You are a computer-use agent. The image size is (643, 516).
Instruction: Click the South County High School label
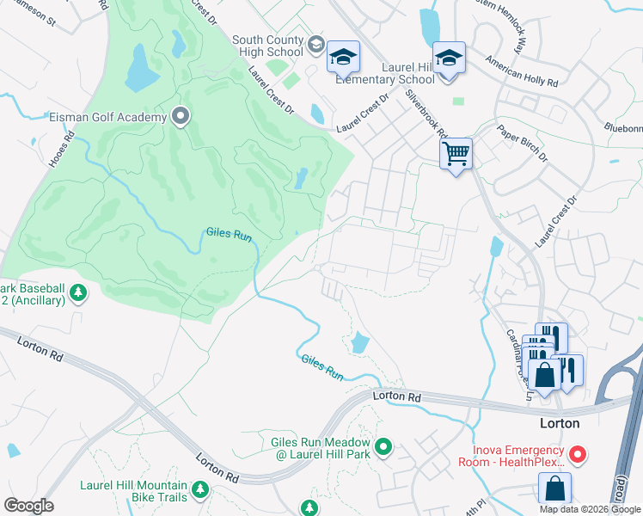tap(267, 46)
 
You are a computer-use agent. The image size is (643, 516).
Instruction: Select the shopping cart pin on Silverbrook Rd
tap(456, 155)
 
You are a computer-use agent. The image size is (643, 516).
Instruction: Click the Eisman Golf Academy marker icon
tap(181, 115)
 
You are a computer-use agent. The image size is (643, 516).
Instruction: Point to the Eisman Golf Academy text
tap(108, 116)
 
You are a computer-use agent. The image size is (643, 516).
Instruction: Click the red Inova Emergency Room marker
tap(579, 453)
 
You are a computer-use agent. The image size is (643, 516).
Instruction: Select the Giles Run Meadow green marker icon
tap(384, 447)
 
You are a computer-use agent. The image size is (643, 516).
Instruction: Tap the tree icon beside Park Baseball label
tap(78, 294)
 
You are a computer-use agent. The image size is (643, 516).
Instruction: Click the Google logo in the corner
tap(29, 506)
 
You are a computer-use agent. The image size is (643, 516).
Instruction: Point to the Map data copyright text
tap(590, 509)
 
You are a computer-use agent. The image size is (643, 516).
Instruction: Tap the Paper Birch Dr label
tap(522, 143)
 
